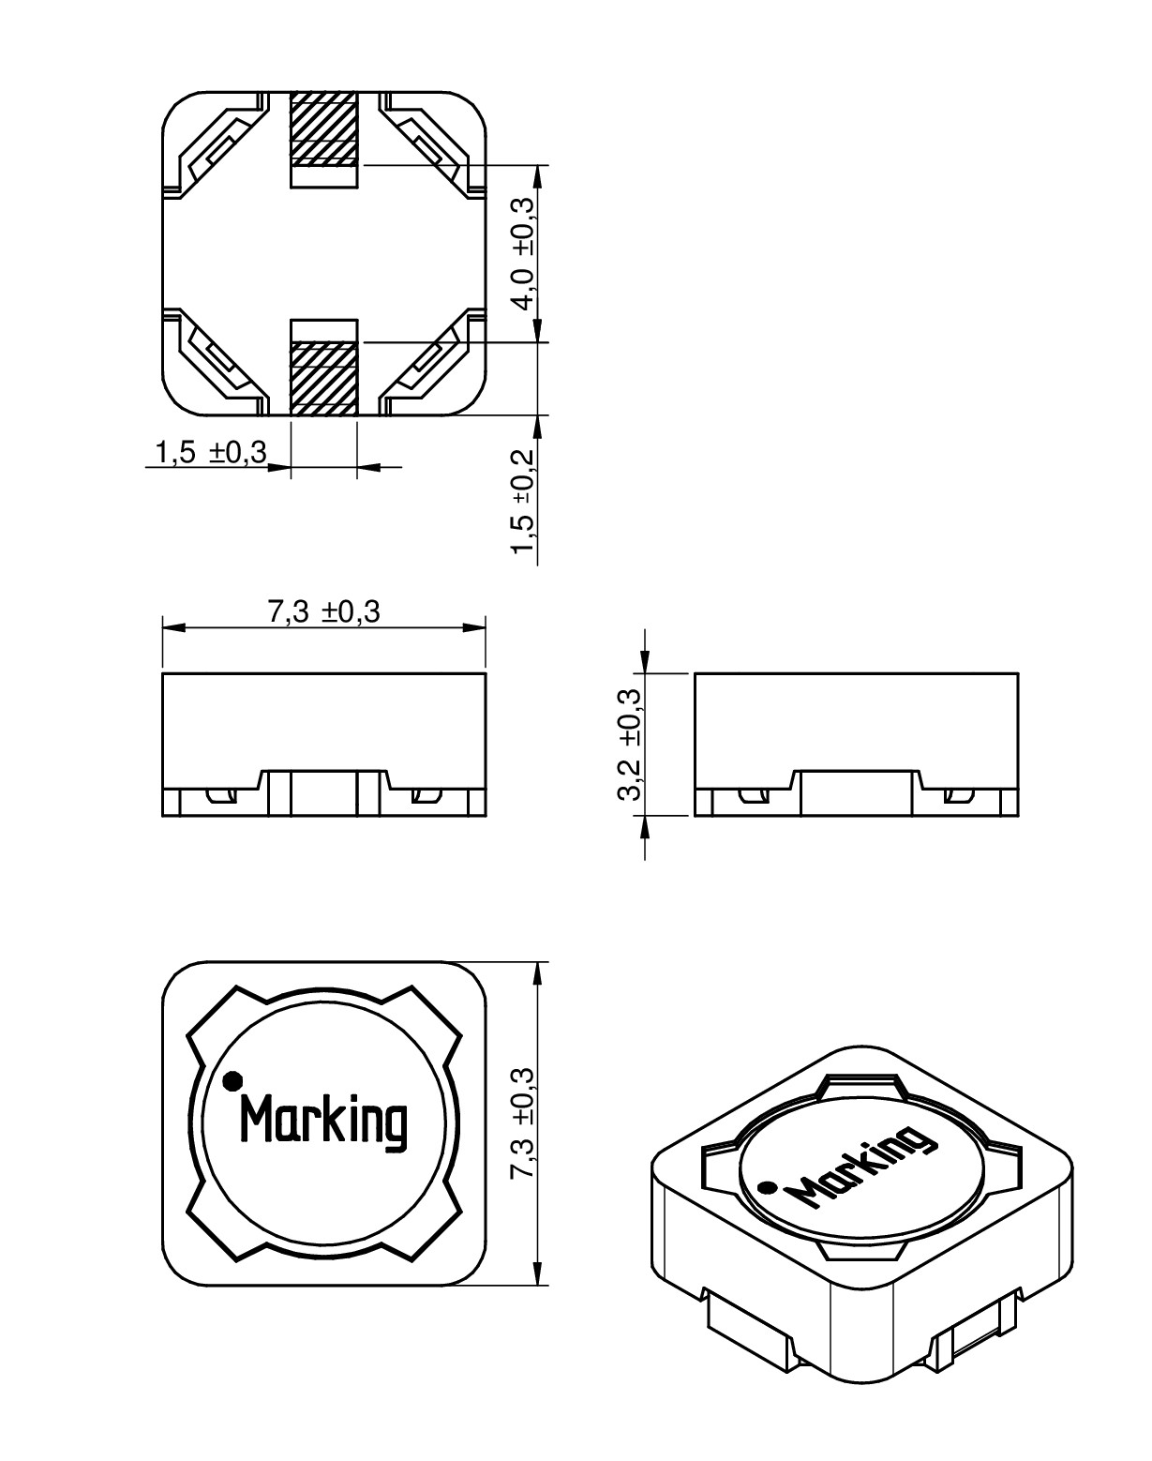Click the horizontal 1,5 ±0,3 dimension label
pyautogui.click(x=212, y=452)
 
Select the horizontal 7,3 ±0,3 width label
pyautogui.click(x=323, y=611)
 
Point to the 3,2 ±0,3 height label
pyautogui.click(x=629, y=745)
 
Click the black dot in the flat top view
pyautogui.click(x=232, y=1078)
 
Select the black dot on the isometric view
pyautogui.click(x=767, y=1187)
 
